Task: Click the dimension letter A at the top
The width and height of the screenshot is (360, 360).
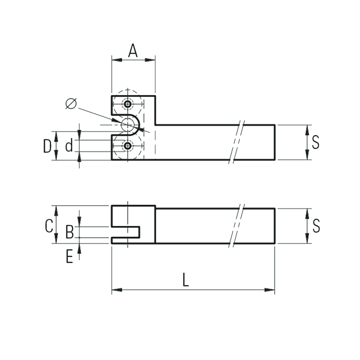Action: click(133, 51)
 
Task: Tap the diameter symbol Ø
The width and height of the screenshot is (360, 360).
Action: click(71, 104)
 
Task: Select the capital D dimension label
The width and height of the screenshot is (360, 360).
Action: click(47, 146)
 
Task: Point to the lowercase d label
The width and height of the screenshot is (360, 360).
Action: click(69, 145)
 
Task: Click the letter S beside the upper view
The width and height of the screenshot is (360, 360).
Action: click(316, 142)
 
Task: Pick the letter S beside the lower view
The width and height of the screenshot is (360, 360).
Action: click(316, 226)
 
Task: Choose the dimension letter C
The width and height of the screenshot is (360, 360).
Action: click(49, 226)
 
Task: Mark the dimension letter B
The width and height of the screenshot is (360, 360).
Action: click(70, 232)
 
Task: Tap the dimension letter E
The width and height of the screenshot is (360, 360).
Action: click(69, 256)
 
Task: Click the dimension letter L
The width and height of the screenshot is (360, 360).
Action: click(186, 279)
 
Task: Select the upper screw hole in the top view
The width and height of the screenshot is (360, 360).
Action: click(128, 104)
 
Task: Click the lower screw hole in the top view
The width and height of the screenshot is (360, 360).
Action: click(128, 146)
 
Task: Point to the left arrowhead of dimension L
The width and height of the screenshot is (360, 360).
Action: click(117, 290)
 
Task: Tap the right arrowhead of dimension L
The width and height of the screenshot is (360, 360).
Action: click(270, 290)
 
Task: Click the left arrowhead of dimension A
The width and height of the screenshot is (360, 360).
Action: click(117, 60)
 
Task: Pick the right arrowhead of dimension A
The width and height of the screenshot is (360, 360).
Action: click(150, 60)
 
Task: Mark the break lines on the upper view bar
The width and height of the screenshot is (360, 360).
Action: click(237, 142)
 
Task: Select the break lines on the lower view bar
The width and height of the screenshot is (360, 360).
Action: click(237, 225)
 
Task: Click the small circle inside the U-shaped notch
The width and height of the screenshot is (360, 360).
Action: click(128, 125)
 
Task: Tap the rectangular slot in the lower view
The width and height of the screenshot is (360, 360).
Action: click(126, 232)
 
